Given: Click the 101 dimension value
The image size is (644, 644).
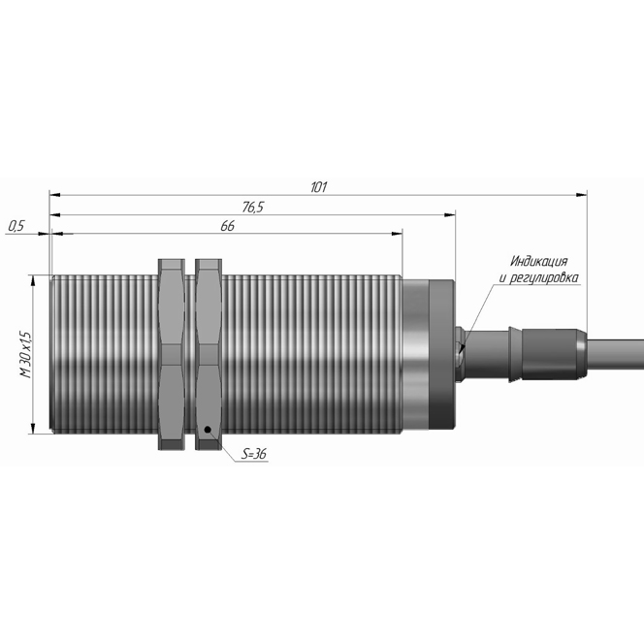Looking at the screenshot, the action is click(318, 187).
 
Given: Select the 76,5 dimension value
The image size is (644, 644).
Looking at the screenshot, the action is click(252, 208).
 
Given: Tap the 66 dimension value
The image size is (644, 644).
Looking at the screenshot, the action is click(227, 226).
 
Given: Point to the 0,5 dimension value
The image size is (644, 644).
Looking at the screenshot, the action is click(16, 226).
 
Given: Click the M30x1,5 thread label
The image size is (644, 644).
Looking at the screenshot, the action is click(25, 354).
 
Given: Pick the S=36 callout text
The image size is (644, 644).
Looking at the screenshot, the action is click(254, 454).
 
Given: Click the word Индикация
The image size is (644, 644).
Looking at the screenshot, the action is click(539, 261).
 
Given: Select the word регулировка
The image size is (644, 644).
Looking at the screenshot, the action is click(544, 278).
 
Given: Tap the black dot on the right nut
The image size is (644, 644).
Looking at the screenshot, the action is click(208, 430).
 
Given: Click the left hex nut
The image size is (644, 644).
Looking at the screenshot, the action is click(172, 354).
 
